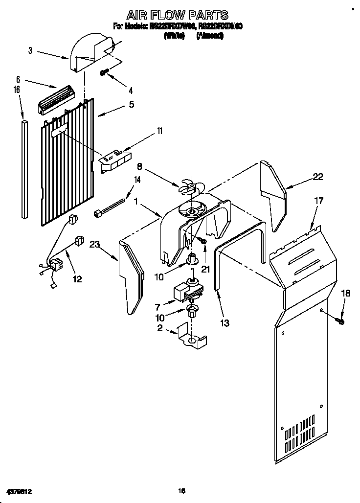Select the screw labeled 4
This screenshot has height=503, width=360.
point(104,72)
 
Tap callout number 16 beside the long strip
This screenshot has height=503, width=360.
point(17,90)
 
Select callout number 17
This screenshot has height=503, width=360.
point(318,201)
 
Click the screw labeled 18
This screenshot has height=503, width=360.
point(340,321)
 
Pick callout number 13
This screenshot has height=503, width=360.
point(225,323)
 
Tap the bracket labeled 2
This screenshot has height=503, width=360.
point(193,338)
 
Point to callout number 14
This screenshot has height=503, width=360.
point(137,180)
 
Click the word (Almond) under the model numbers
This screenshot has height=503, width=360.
point(210,36)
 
